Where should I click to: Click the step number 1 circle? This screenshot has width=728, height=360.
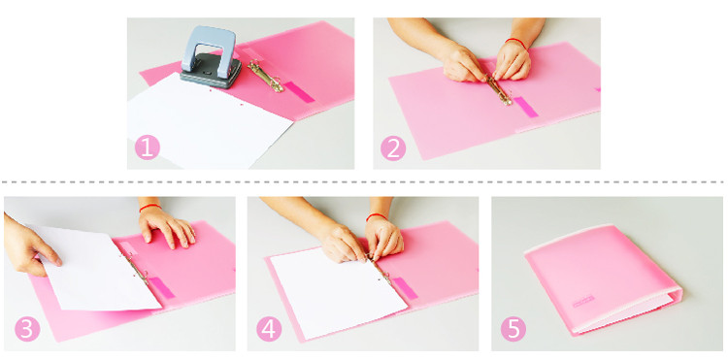click(148, 147)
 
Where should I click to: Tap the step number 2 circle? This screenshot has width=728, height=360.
click(393, 148)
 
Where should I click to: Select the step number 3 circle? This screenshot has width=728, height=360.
click(27, 329)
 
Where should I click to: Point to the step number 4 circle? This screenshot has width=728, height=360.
click(269, 329)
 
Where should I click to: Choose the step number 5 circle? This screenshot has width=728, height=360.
click(513, 329)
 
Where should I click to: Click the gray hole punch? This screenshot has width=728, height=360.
click(212, 57)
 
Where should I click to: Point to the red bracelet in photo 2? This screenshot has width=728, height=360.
click(515, 43)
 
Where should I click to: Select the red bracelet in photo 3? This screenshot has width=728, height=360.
click(149, 208)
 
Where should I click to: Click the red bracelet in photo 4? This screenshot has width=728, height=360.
click(376, 216)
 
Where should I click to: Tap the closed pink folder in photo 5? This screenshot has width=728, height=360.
click(604, 278)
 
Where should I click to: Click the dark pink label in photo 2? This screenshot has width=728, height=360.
click(525, 107)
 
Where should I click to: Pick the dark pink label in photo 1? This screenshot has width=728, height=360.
click(299, 91)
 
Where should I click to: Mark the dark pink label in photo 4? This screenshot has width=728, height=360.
click(405, 288)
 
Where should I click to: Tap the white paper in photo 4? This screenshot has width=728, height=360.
click(339, 292)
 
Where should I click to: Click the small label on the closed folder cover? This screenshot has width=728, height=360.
click(583, 301)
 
